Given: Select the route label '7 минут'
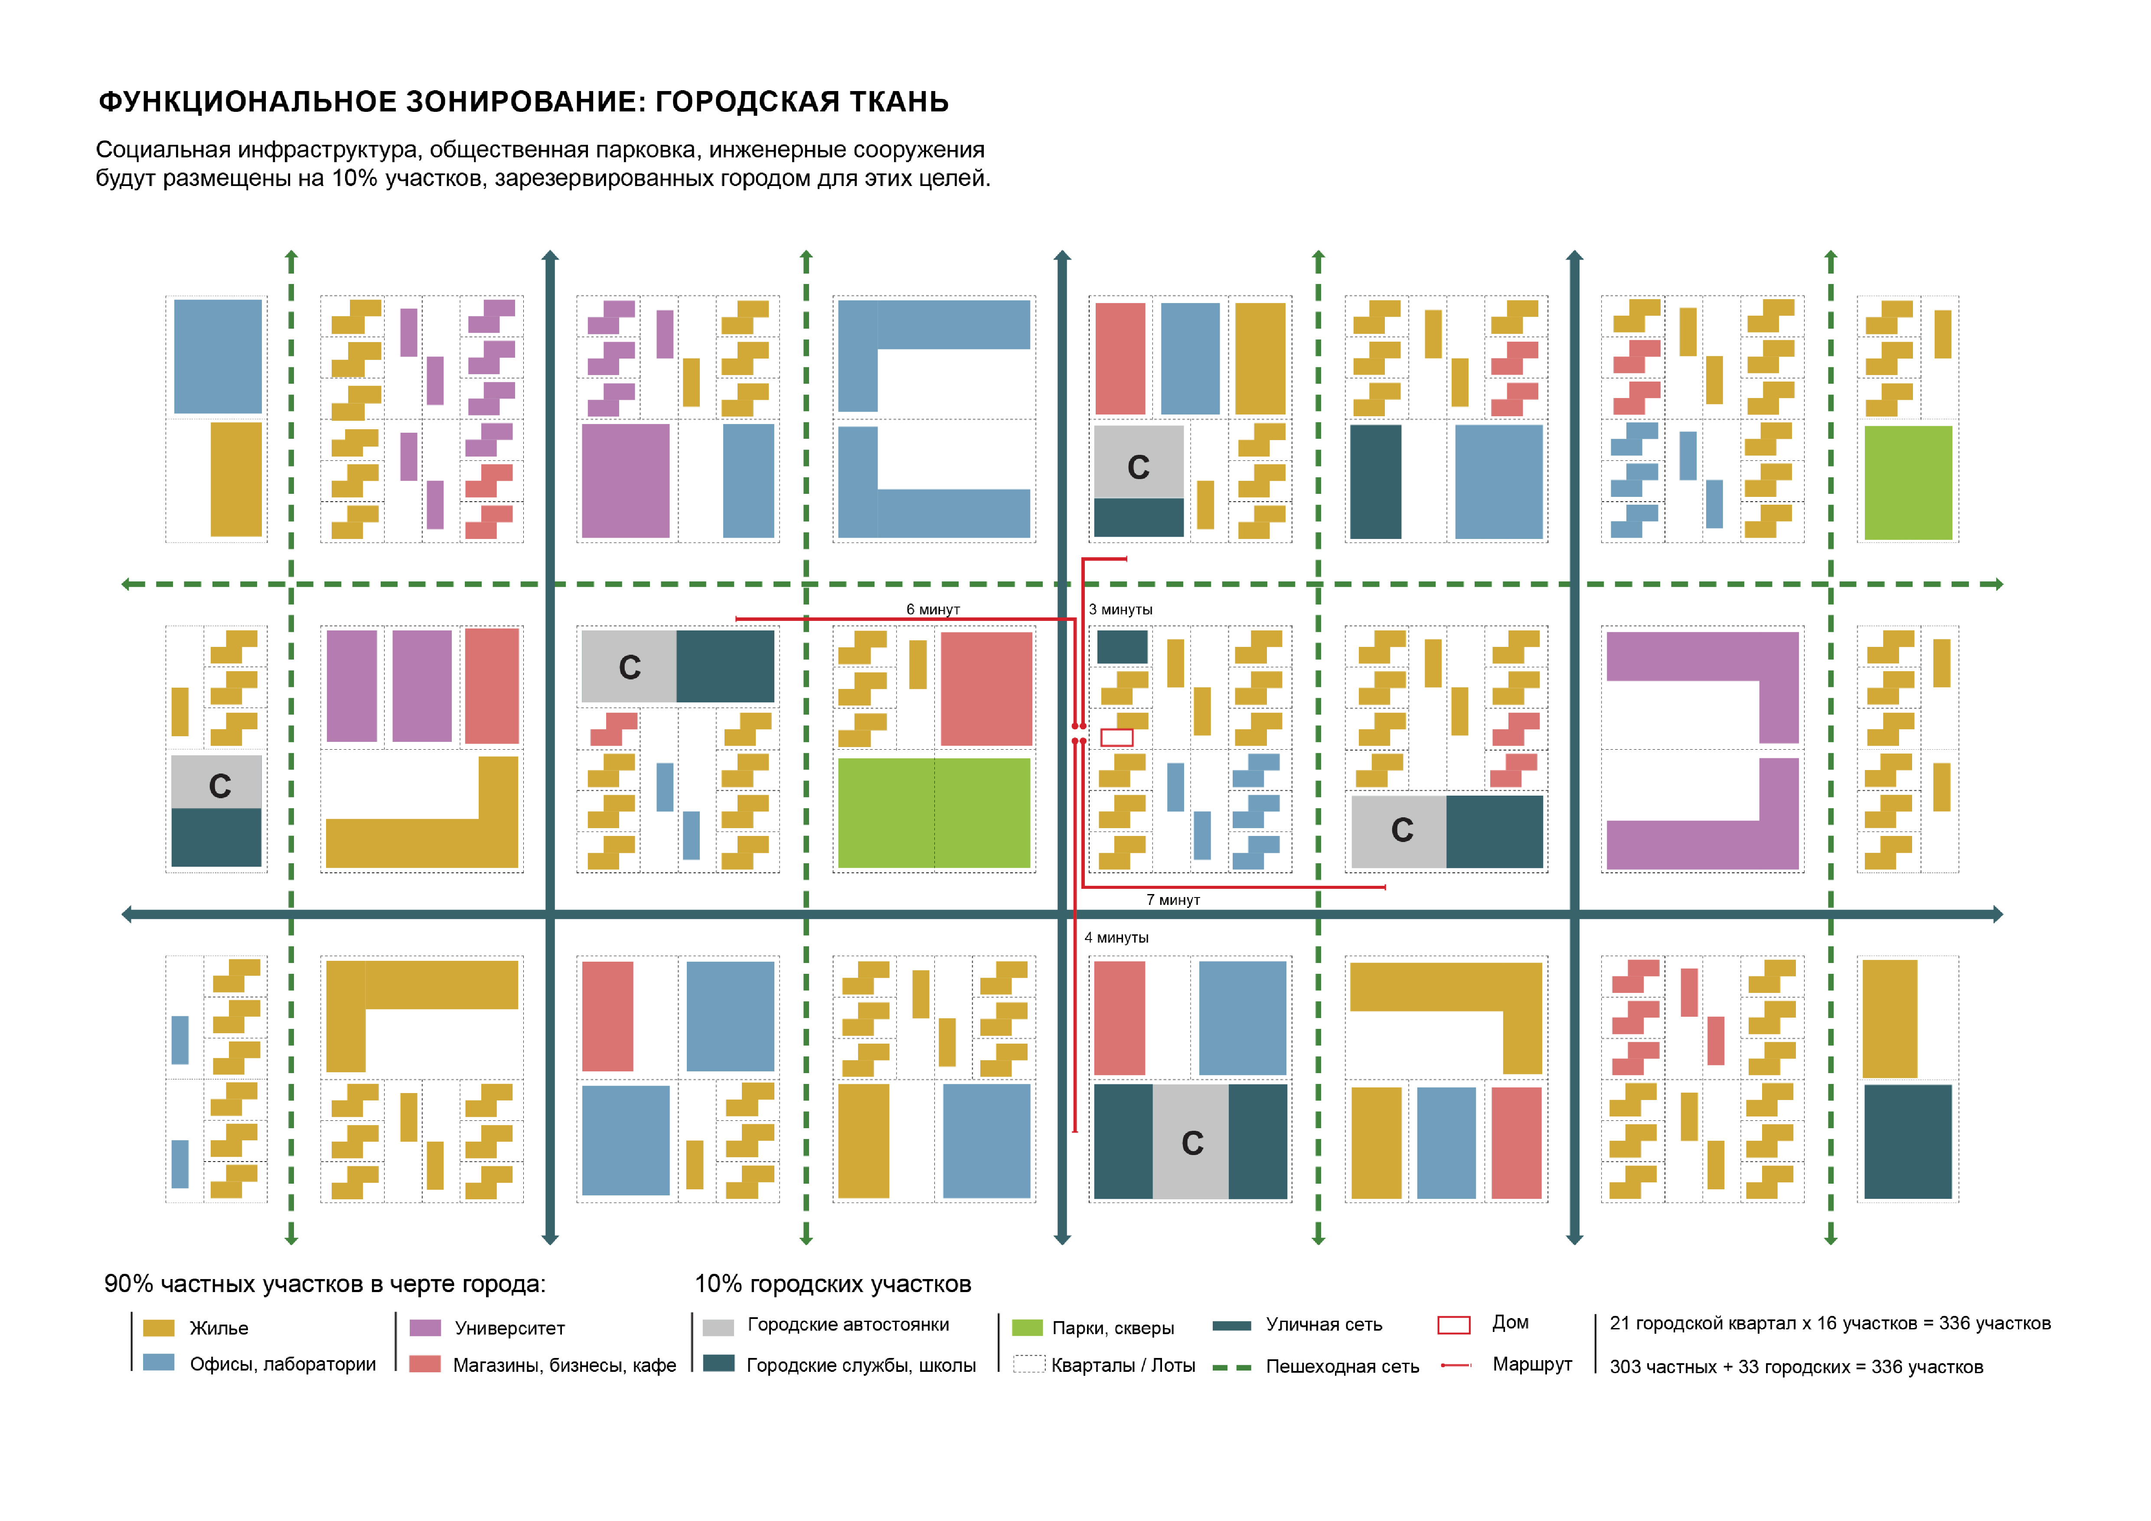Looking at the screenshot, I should point(1173,900).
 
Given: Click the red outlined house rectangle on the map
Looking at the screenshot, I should point(1117,738).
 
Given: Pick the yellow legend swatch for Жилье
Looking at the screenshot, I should point(158,1328).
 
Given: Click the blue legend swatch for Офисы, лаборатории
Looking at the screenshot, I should point(158,1363).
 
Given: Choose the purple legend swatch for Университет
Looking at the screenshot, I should point(425,1328).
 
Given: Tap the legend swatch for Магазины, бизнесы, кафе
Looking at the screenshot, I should point(425,1364).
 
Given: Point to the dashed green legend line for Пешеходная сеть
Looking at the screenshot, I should point(1232,1368).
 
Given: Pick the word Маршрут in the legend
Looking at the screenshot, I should point(1532,1364).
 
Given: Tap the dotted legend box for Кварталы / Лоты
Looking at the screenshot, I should point(1028,1364).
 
